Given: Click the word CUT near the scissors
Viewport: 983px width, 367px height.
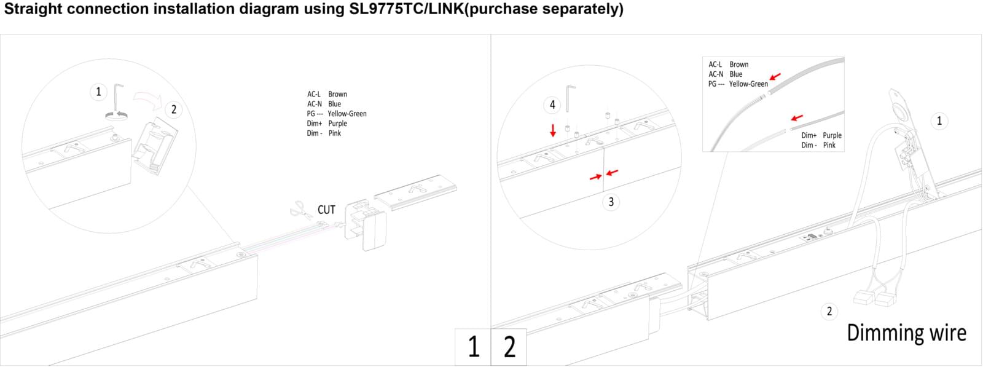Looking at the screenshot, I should [x=326, y=210].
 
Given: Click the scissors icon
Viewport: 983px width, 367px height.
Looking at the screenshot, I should [x=300, y=210].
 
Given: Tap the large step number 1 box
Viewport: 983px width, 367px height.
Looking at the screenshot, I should [x=472, y=347].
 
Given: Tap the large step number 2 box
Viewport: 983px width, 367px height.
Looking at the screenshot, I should [x=509, y=347].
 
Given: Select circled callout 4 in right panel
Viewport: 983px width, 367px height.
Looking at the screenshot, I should [x=552, y=105].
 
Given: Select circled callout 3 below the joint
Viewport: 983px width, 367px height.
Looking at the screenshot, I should [x=611, y=202].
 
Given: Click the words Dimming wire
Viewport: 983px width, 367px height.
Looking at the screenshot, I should [x=906, y=333].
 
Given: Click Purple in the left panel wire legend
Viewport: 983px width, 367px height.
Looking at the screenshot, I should [x=337, y=124].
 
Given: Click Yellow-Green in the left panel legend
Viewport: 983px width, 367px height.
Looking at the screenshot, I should [x=347, y=114].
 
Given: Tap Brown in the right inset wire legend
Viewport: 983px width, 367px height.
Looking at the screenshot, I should [x=738, y=65].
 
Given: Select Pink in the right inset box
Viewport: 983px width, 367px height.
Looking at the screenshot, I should [x=829, y=146].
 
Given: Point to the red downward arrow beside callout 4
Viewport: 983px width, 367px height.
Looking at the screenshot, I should [x=553, y=130].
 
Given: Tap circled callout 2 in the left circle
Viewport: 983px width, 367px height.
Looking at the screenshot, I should [x=174, y=109].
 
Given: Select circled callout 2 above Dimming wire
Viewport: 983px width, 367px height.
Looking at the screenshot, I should [x=829, y=311].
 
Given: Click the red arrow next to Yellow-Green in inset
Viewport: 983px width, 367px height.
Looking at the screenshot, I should [x=775, y=77].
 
